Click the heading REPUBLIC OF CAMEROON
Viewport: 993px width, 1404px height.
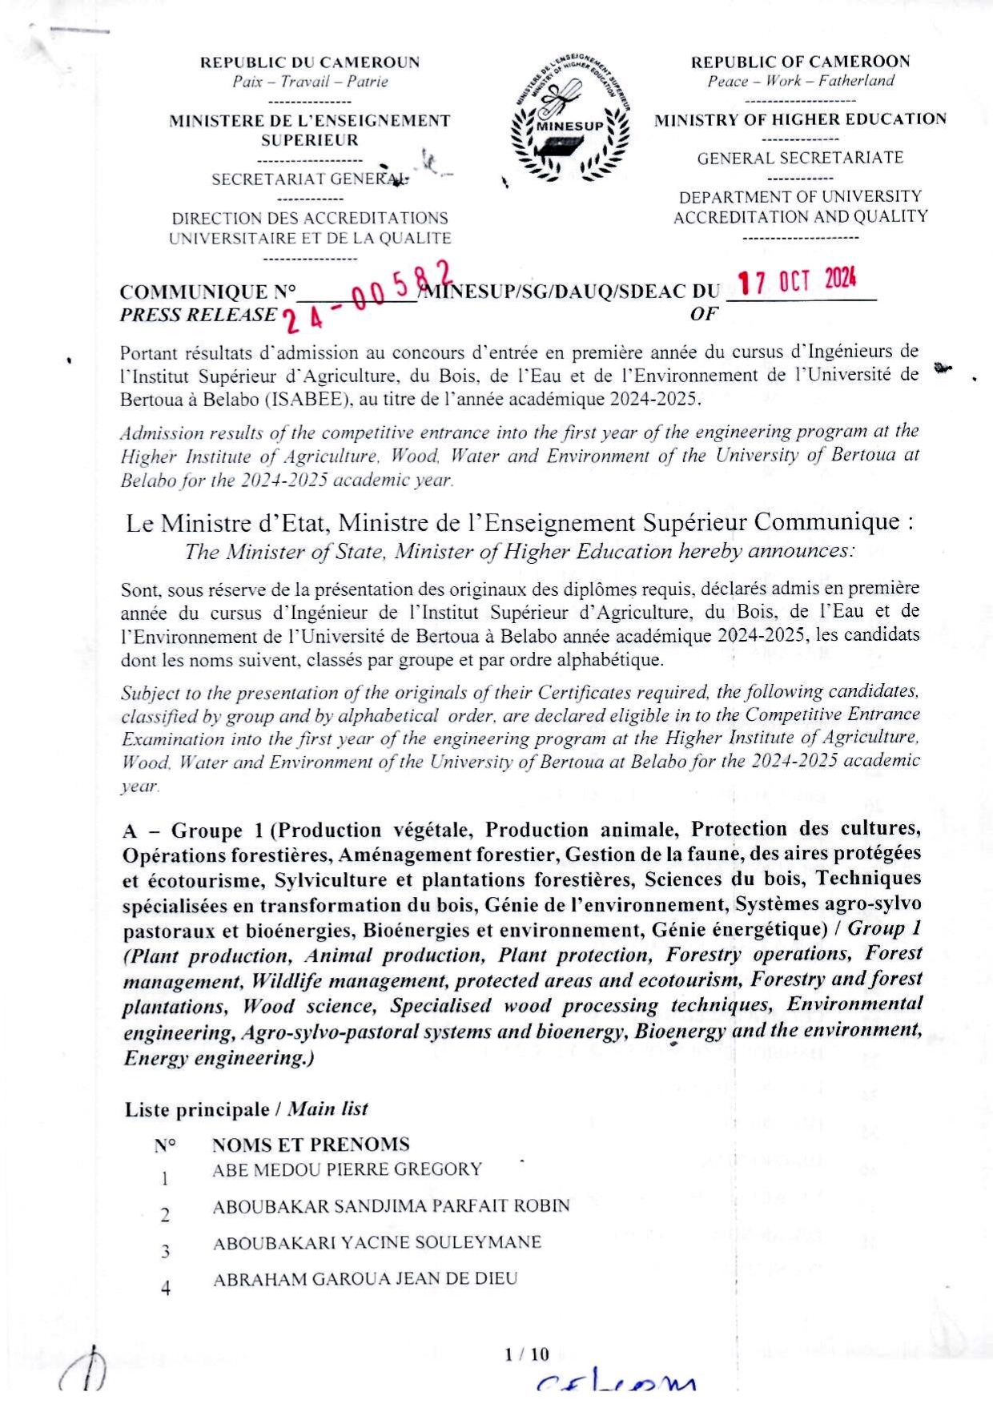point(800,62)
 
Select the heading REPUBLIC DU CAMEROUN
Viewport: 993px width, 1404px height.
point(310,62)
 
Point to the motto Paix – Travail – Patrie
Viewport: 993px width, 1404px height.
point(310,82)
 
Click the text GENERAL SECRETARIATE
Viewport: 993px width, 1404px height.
point(800,158)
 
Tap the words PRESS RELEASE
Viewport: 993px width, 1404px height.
point(198,315)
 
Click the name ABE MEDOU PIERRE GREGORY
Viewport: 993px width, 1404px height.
point(347,1169)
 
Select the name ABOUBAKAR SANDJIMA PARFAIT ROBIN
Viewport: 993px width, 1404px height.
point(391,1206)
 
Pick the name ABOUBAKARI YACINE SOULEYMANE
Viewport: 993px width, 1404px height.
point(377,1243)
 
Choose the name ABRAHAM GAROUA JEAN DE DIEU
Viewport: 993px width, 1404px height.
point(365,1279)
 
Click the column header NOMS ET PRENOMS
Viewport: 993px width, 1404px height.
point(311,1145)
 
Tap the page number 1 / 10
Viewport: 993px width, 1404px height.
point(527,1354)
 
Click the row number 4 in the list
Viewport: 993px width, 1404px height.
point(165,1289)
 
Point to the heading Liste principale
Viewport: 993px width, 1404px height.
point(197,1110)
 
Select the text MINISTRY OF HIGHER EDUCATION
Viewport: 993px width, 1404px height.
point(800,120)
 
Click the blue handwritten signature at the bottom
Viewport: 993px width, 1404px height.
point(615,1384)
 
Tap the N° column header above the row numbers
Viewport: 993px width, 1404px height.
point(165,1145)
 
